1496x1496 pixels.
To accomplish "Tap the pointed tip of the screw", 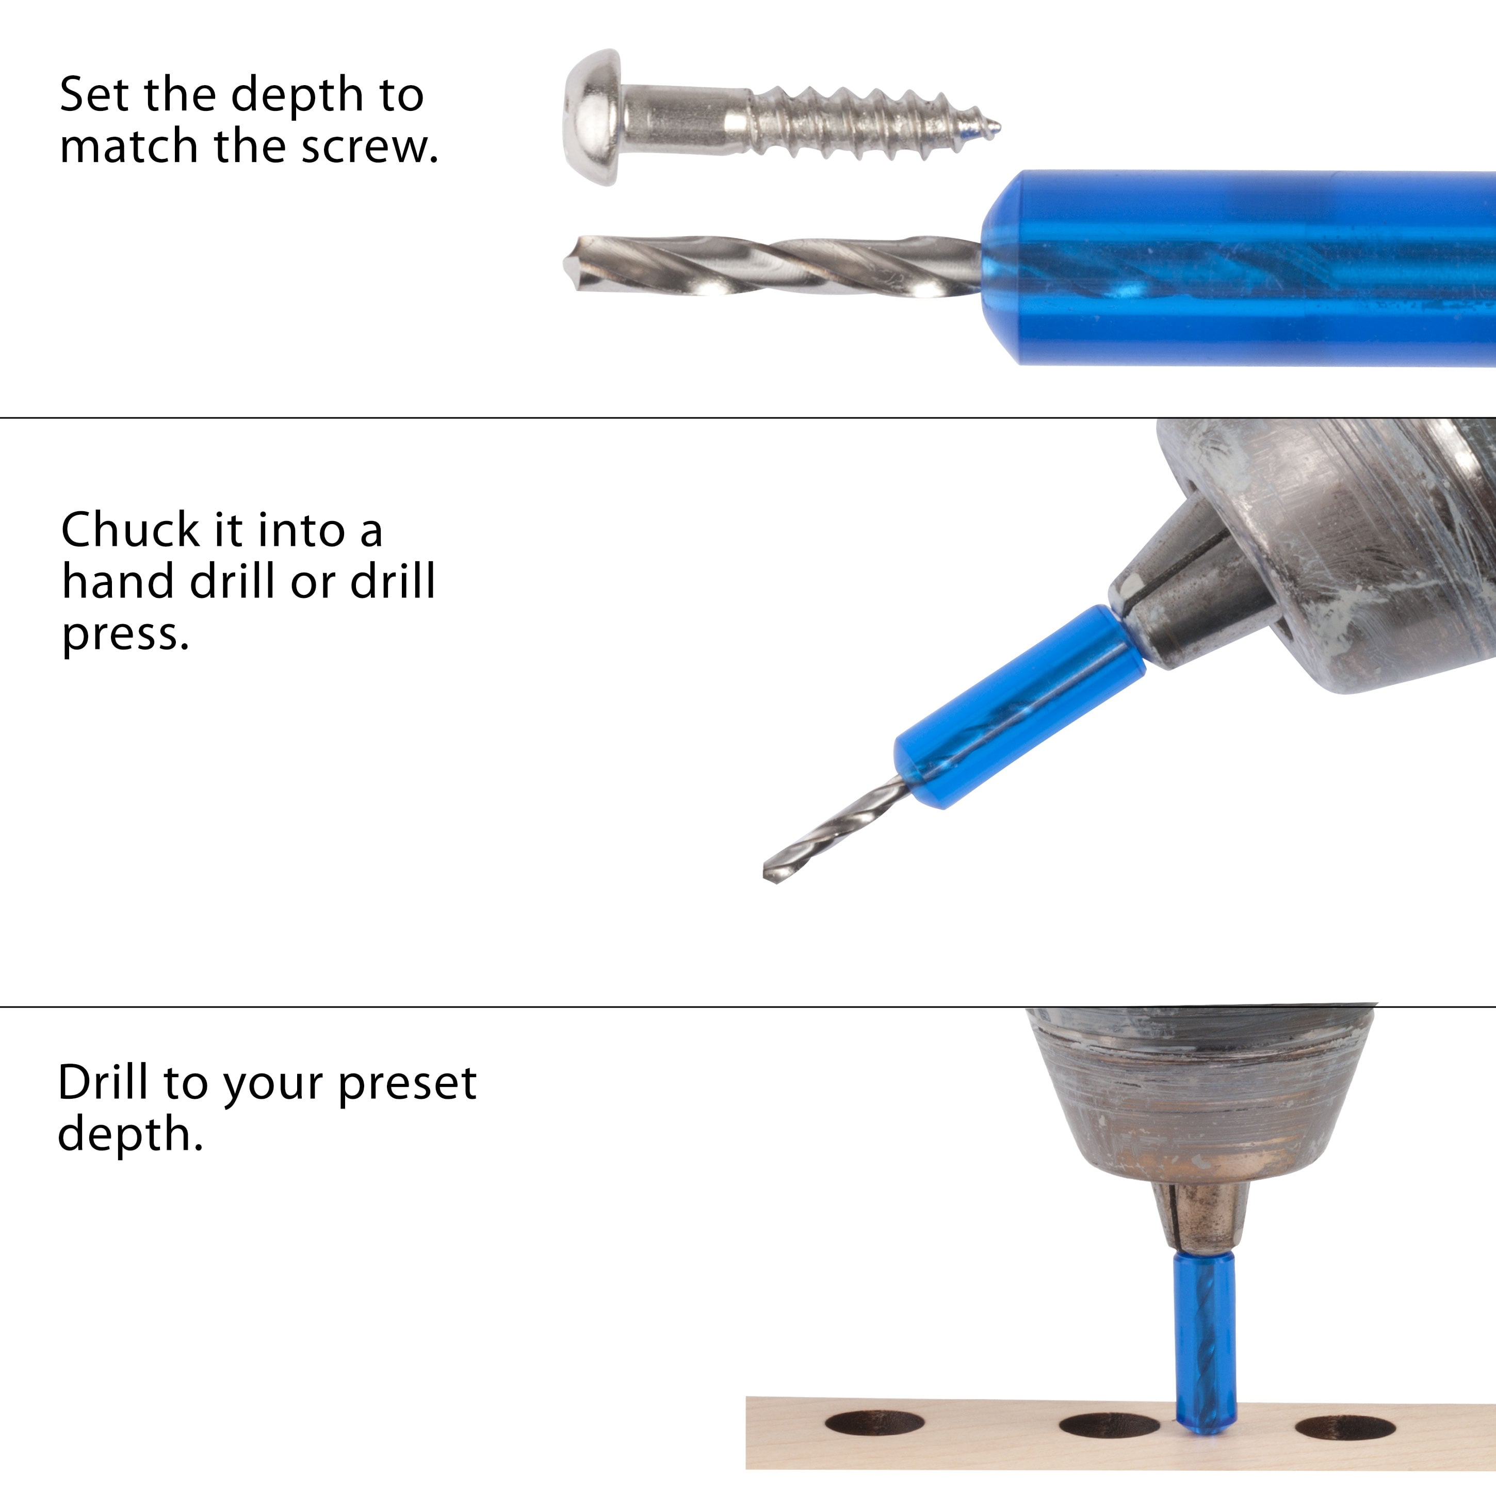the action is tap(998, 126).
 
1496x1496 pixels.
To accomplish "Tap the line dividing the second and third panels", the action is tap(748, 1006).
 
